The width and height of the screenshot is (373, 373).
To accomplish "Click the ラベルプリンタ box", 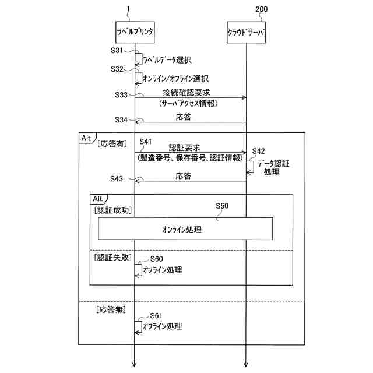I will [x=135, y=33].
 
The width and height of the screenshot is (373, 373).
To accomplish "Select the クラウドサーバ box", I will [x=246, y=33].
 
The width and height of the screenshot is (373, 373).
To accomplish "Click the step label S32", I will [x=117, y=69].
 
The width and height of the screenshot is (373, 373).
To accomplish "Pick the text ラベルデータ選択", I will [x=167, y=59].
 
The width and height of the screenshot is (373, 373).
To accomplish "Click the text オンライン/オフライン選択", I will [x=175, y=78].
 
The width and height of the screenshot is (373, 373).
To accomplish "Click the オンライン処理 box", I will [x=185, y=228].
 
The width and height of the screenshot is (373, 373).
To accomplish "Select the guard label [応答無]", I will [x=111, y=309].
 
